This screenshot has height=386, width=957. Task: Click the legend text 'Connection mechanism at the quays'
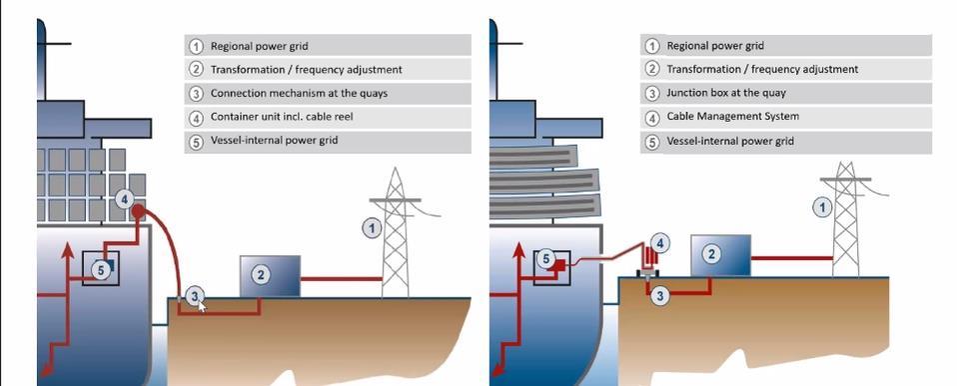tap(299, 93)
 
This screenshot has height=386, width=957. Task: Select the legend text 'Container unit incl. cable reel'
tap(289, 117)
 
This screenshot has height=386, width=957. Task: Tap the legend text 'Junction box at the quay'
tap(726, 93)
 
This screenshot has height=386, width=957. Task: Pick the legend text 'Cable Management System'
tap(732, 117)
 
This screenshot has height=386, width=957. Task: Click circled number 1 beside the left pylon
tap(372, 229)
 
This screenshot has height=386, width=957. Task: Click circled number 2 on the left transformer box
tap(260, 274)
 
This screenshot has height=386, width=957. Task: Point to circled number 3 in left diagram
tap(196, 295)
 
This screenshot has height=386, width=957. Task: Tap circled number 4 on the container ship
tap(125, 200)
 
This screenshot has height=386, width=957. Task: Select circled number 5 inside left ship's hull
tap(100, 268)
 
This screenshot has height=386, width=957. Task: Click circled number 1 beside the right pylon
tap(822, 207)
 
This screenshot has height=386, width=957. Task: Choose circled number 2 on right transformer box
tap(712, 254)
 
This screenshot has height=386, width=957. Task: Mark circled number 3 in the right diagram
tap(659, 295)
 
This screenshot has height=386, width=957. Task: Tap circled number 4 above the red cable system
tap(660, 243)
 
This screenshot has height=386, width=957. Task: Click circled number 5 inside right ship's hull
tap(545, 259)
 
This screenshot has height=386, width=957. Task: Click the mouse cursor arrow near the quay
tap(202, 307)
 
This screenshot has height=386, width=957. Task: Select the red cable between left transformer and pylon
tap(341, 278)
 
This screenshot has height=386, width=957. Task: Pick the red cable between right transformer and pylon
tap(792, 258)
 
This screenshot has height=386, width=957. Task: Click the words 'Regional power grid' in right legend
tap(715, 46)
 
